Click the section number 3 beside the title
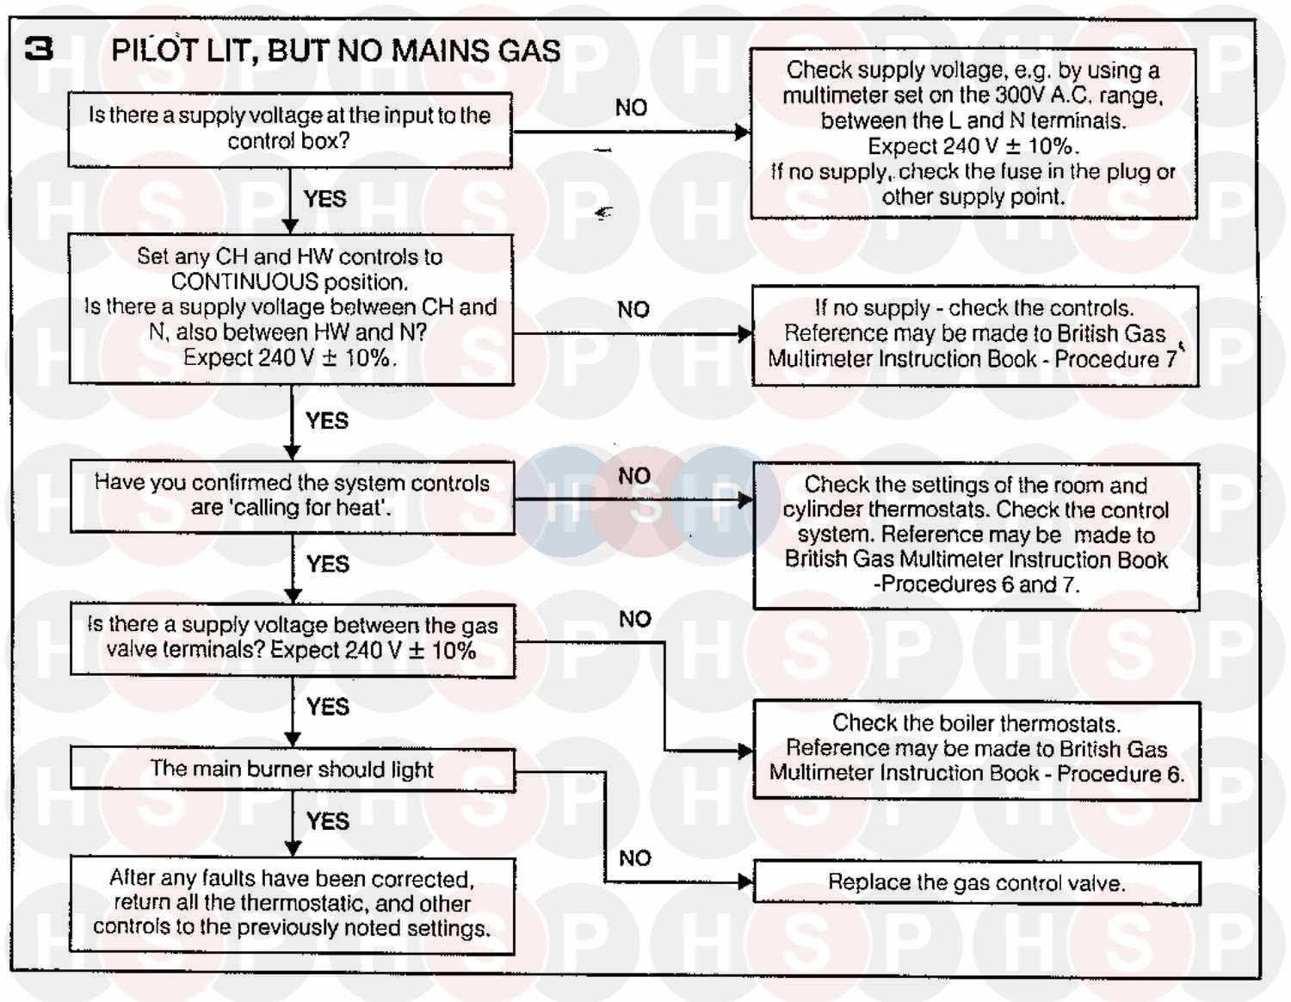(39, 49)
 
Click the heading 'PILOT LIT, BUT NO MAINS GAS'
(336, 51)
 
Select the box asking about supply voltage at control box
(290, 129)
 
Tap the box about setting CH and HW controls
(291, 308)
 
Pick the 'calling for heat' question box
(292, 496)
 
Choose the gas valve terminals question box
(292, 638)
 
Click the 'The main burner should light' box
(292, 769)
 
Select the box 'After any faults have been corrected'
(292, 903)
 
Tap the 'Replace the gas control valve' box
(976, 882)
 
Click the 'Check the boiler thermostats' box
(976, 749)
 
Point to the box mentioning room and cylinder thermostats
(976, 535)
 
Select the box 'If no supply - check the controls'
(974, 334)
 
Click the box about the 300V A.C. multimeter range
(973, 133)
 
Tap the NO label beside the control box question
(631, 108)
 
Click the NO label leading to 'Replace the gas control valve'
(635, 858)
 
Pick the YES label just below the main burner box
(328, 821)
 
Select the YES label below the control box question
(324, 199)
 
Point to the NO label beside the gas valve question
(635, 619)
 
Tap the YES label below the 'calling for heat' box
(328, 564)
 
